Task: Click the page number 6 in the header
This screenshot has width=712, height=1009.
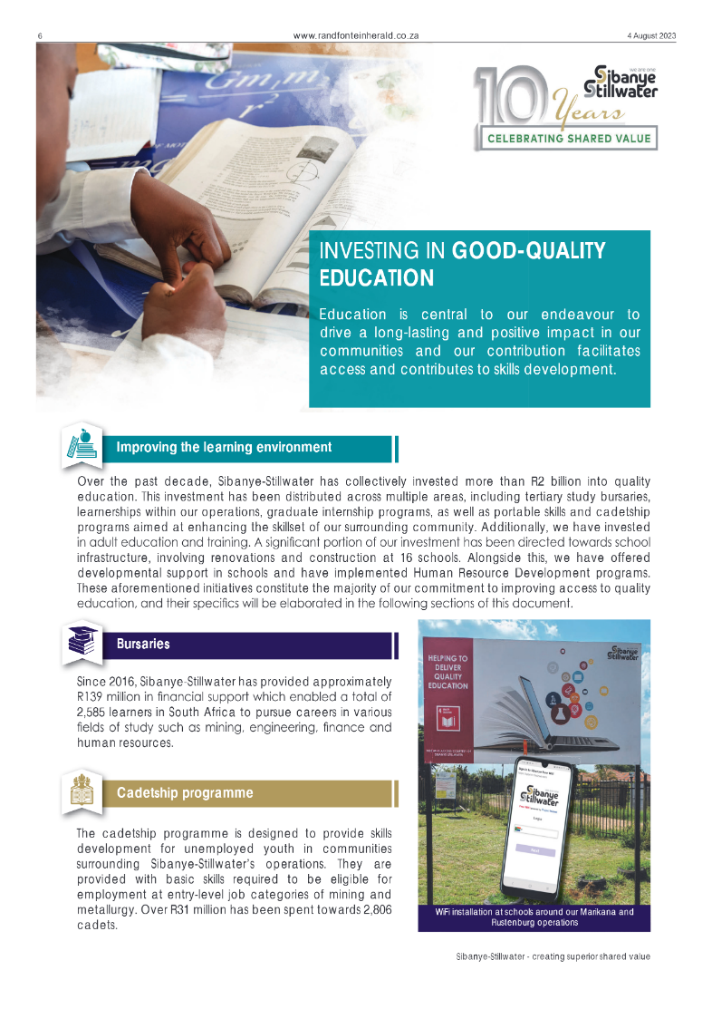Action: [40, 36]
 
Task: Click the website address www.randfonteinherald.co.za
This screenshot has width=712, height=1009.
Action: [355, 36]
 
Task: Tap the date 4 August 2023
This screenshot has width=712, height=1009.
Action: [639, 36]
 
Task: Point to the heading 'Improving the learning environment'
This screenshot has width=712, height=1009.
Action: [224, 447]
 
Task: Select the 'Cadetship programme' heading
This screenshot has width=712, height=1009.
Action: [184, 792]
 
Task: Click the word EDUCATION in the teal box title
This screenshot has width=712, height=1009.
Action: [376, 277]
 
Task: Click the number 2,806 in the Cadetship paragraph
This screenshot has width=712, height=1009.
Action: [370, 909]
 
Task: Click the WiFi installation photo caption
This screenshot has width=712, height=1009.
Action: [534, 917]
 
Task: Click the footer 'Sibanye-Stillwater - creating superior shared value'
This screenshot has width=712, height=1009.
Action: [553, 956]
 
